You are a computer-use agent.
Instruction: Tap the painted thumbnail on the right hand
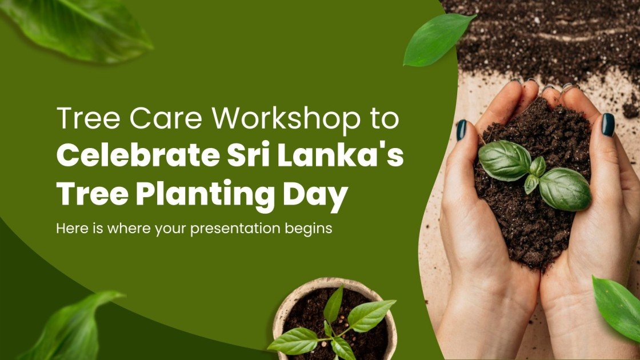[x=607, y=124]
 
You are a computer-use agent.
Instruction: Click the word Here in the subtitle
[x=70, y=229]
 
